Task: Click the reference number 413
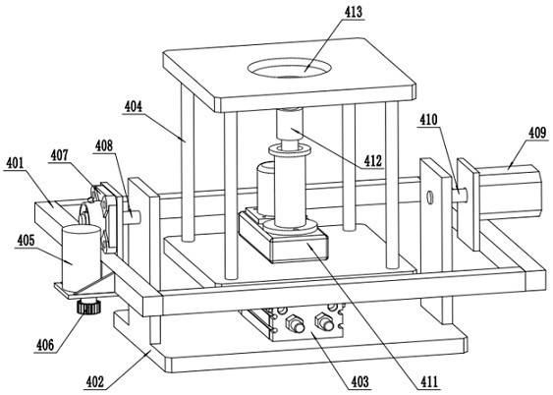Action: point(353,12)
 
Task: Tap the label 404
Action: point(133,106)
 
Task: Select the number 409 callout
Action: point(537,133)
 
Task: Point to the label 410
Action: point(428,120)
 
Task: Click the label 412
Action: point(373,161)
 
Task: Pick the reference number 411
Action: point(429,381)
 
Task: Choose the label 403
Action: point(359,381)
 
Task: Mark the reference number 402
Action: point(95,382)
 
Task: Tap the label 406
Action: point(45,345)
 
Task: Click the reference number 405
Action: point(26,241)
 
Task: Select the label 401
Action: point(15,163)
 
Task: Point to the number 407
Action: point(60,155)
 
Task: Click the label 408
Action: point(104,145)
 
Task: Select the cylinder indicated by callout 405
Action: point(82,257)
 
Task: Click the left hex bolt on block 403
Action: point(295,323)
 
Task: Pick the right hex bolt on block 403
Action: point(324,321)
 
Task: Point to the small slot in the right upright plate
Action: point(429,197)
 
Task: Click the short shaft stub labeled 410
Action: point(461,195)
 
